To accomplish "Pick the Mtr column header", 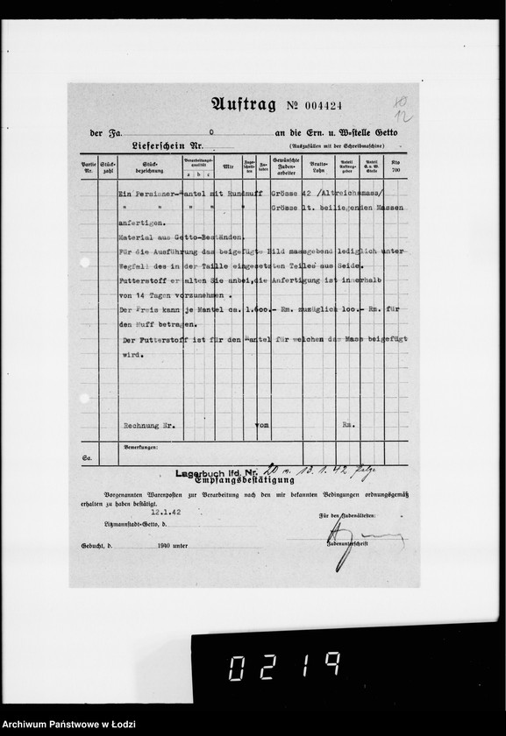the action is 228,165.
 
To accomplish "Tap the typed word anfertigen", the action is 140,223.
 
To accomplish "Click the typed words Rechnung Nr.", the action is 150,425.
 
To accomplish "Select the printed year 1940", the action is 159,544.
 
